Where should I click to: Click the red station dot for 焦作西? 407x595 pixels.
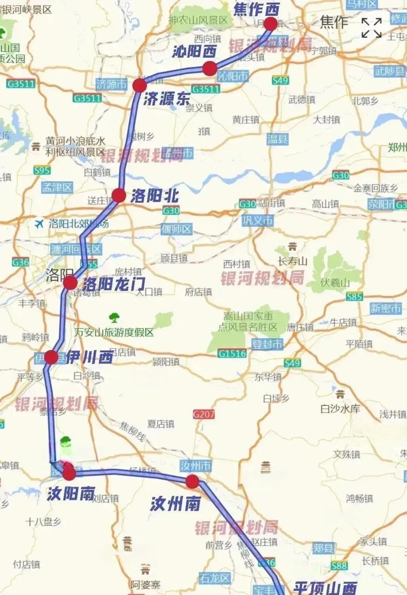270,24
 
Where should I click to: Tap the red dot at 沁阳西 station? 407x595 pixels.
210,69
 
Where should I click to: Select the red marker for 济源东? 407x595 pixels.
140,86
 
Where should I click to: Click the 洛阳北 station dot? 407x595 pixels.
119,196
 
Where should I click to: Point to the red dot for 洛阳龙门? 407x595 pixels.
70,283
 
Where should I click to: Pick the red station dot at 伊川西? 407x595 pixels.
51,357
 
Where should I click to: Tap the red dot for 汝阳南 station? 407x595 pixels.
69,474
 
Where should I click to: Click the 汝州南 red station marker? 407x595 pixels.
193,482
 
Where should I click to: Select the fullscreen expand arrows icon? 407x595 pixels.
372,28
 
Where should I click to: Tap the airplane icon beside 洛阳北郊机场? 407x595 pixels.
39,224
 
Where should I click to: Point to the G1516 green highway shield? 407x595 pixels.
232,354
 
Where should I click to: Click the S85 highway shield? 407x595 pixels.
354,296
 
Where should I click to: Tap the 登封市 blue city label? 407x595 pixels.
267,344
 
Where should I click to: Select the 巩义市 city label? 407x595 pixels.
257,221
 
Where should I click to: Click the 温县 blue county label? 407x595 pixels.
277,139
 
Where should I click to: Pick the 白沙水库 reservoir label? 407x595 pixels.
340,409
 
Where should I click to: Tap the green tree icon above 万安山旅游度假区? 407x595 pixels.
114,318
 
